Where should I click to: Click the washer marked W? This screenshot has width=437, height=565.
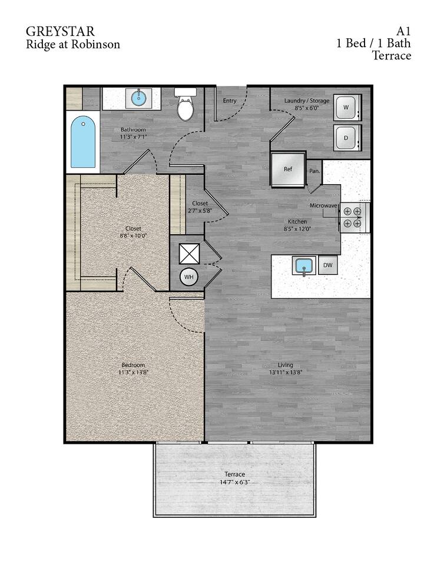click(346, 108)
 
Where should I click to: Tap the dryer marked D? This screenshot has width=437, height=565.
click(346, 138)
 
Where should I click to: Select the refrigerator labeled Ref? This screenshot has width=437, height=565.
click(288, 169)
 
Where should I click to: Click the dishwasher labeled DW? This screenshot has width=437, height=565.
click(328, 265)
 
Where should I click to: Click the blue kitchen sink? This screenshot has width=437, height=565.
click(304, 266)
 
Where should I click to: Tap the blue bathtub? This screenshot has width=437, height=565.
click(83, 142)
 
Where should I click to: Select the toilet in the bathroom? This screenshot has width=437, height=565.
click(186, 107)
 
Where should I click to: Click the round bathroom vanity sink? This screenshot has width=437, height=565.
click(139, 97)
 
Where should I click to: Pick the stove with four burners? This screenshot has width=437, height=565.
click(353, 217)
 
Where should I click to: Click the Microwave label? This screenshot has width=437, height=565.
click(323, 205)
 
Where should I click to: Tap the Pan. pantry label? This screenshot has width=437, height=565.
click(314, 171)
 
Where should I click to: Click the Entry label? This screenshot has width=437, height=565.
click(230, 101)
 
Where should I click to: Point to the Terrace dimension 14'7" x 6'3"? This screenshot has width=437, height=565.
click(234, 482)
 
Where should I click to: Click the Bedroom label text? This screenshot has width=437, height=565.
click(134, 365)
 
